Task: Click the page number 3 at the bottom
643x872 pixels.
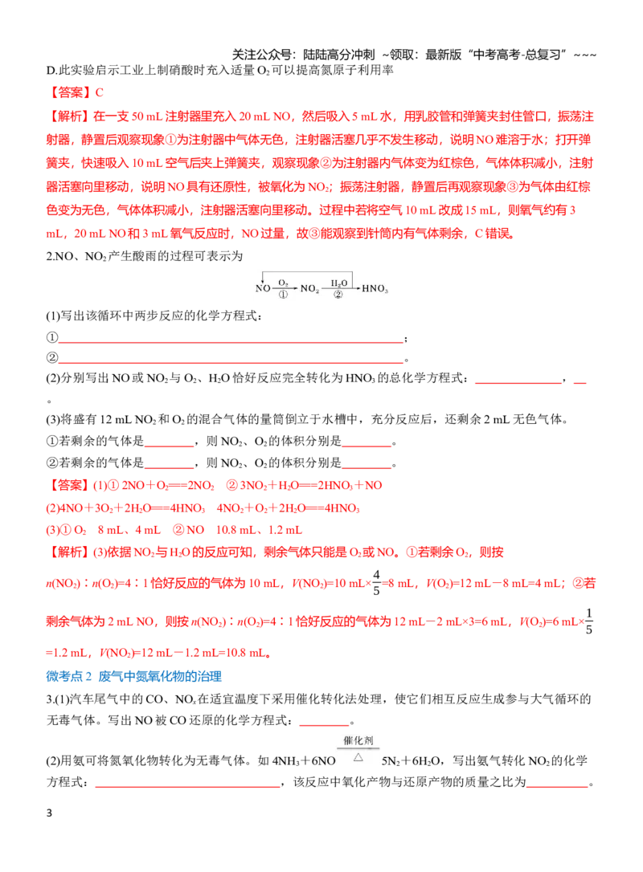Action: [49, 813]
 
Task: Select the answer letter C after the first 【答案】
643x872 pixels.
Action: [99, 93]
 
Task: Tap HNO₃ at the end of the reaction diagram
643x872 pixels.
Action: [375, 288]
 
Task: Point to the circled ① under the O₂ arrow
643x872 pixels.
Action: [283, 295]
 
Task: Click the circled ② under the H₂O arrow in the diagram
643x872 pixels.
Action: [338, 295]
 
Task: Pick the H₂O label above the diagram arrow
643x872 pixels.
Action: [338, 283]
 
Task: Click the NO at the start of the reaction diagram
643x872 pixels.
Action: [263, 288]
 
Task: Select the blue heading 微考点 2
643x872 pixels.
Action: [68, 676]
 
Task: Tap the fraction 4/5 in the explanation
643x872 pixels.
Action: [376, 582]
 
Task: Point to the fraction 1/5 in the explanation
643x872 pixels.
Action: [589, 621]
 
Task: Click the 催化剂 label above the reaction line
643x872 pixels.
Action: [358, 741]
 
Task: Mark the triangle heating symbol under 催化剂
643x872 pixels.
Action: [358, 757]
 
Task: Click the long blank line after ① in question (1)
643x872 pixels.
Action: [231, 341]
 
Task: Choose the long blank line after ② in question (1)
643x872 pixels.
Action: [231, 362]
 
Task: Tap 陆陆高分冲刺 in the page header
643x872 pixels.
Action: [338, 55]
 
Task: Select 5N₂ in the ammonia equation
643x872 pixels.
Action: [392, 760]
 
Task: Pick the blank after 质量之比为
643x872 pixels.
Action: [557, 786]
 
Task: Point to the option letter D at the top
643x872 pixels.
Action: [51, 70]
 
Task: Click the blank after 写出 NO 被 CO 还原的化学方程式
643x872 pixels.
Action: [324, 724]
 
